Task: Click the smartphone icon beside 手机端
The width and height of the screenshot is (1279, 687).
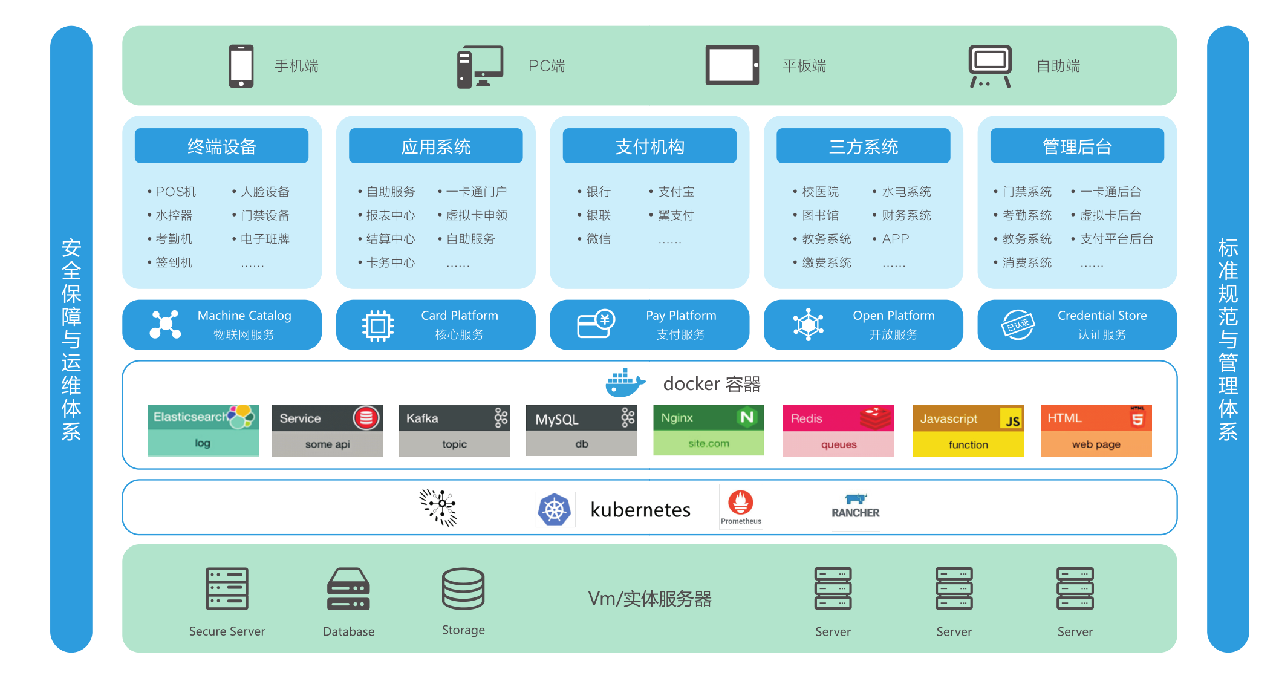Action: click(x=241, y=66)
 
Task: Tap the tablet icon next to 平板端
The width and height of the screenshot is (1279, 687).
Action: click(x=732, y=65)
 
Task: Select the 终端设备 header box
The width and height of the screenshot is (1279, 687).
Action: click(x=221, y=146)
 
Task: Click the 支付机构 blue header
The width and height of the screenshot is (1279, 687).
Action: click(x=649, y=146)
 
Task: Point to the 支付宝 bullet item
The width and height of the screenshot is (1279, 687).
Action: click(x=675, y=192)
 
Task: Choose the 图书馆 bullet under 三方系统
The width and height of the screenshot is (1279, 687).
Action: click(x=819, y=215)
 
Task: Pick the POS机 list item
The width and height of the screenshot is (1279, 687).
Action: click(x=175, y=192)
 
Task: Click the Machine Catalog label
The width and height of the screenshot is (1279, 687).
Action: click(x=244, y=316)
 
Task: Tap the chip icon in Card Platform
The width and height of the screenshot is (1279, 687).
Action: click(x=378, y=326)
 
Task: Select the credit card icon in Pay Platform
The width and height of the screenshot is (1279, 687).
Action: click(x=595, y=324)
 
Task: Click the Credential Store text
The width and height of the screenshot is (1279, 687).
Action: click(x=1102, y=316)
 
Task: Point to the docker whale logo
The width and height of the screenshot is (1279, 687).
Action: click(x=625, y=383)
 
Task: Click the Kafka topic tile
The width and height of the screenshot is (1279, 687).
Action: click(x=454, y=431)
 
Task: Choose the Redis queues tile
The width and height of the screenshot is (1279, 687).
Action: click(x=838, y=431)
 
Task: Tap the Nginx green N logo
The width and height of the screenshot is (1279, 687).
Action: click(x=747, y=417)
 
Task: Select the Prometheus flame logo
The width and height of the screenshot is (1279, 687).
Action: click(x=741, y=503)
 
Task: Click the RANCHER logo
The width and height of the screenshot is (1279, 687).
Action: click(x=855, y=507)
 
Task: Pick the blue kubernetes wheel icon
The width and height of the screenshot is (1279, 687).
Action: click(x=555, y=510)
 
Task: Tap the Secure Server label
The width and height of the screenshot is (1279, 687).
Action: click(x=227, y=631)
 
